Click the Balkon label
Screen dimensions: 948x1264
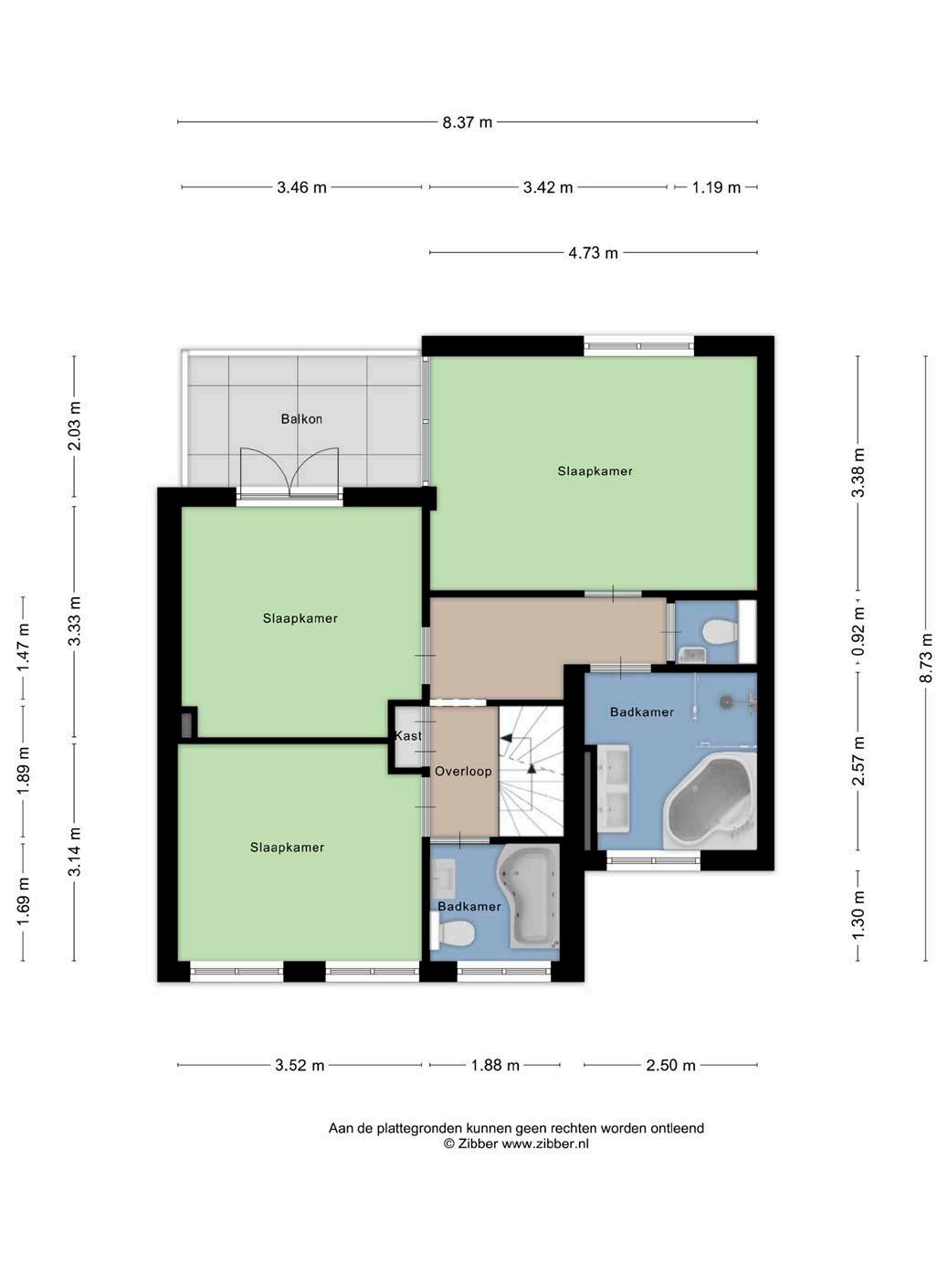pyautogui.click(x=301, y=418)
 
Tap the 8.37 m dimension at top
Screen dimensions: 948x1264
pyautogui.click(x=467, y=122)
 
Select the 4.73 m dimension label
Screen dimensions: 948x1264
pyautogui.click(x=593, y=253)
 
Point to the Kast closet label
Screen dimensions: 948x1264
pyautogui.click(x=408, y=736)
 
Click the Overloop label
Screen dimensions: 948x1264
pyautogui.click(x=463, y=771)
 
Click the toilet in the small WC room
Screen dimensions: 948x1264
pyautogui.click(x=720, y=632)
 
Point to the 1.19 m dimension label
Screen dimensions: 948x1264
pyautogui.click(x=716, y=188)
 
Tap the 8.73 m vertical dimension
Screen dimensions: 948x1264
pyautogui.click(x=925, y=658)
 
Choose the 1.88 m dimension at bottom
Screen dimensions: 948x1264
pyautogui.click(x=495, y=1065)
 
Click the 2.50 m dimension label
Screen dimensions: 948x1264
pyautogui.click(x=670, y=1065)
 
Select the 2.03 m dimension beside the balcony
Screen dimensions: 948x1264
pyautogui.click(x=74, y=427)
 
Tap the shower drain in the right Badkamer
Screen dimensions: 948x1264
pyautogui.click(x=726, y=701)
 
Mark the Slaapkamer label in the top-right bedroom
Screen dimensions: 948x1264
pyautogui.click(x=595, y=471)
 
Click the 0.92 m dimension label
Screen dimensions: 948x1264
pyautogui.click(x=858, y=632)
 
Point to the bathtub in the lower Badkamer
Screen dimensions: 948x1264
pyautogui.click(x=529, y=901)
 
